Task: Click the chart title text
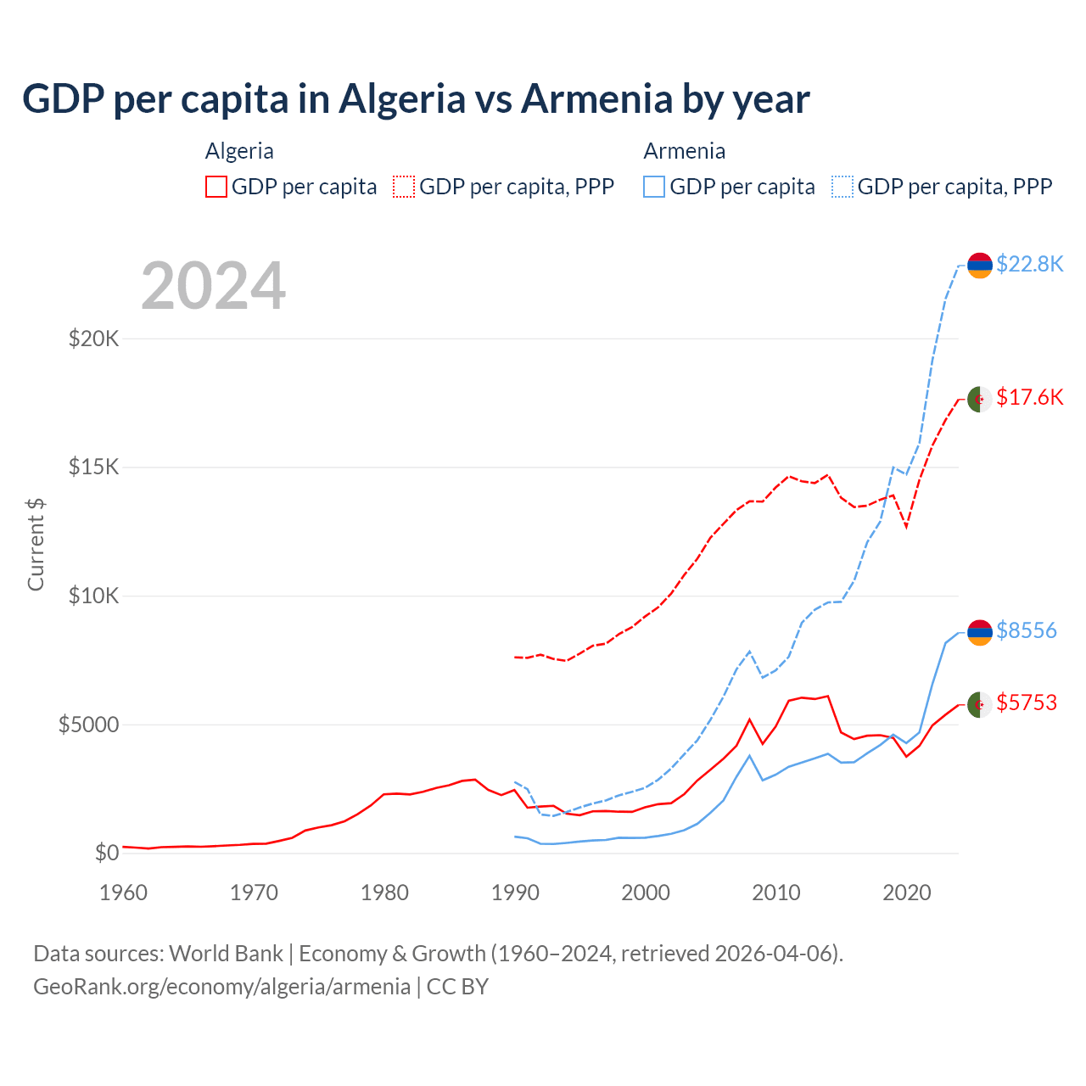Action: (416, 99)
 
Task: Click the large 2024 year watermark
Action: (213, 287)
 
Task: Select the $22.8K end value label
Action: (1029, 265)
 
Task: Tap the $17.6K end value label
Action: (1029, 397)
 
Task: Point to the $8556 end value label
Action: (1026, 630)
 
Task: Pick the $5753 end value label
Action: (1026, 703)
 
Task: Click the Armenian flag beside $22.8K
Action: (980, 266)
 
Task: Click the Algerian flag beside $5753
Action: (980, 704)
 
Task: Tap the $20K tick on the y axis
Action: (93, 339)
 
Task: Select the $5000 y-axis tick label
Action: (88, 725)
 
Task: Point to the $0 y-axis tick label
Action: (106, 853)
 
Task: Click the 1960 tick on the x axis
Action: (124, 893)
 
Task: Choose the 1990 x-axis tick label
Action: (516, 893)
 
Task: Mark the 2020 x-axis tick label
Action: (907, 893)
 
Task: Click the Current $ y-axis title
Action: (36, 544)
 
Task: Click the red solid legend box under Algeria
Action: (216, 187)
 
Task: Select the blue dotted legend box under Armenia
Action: (842, 187)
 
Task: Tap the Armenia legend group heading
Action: (684, 151)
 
